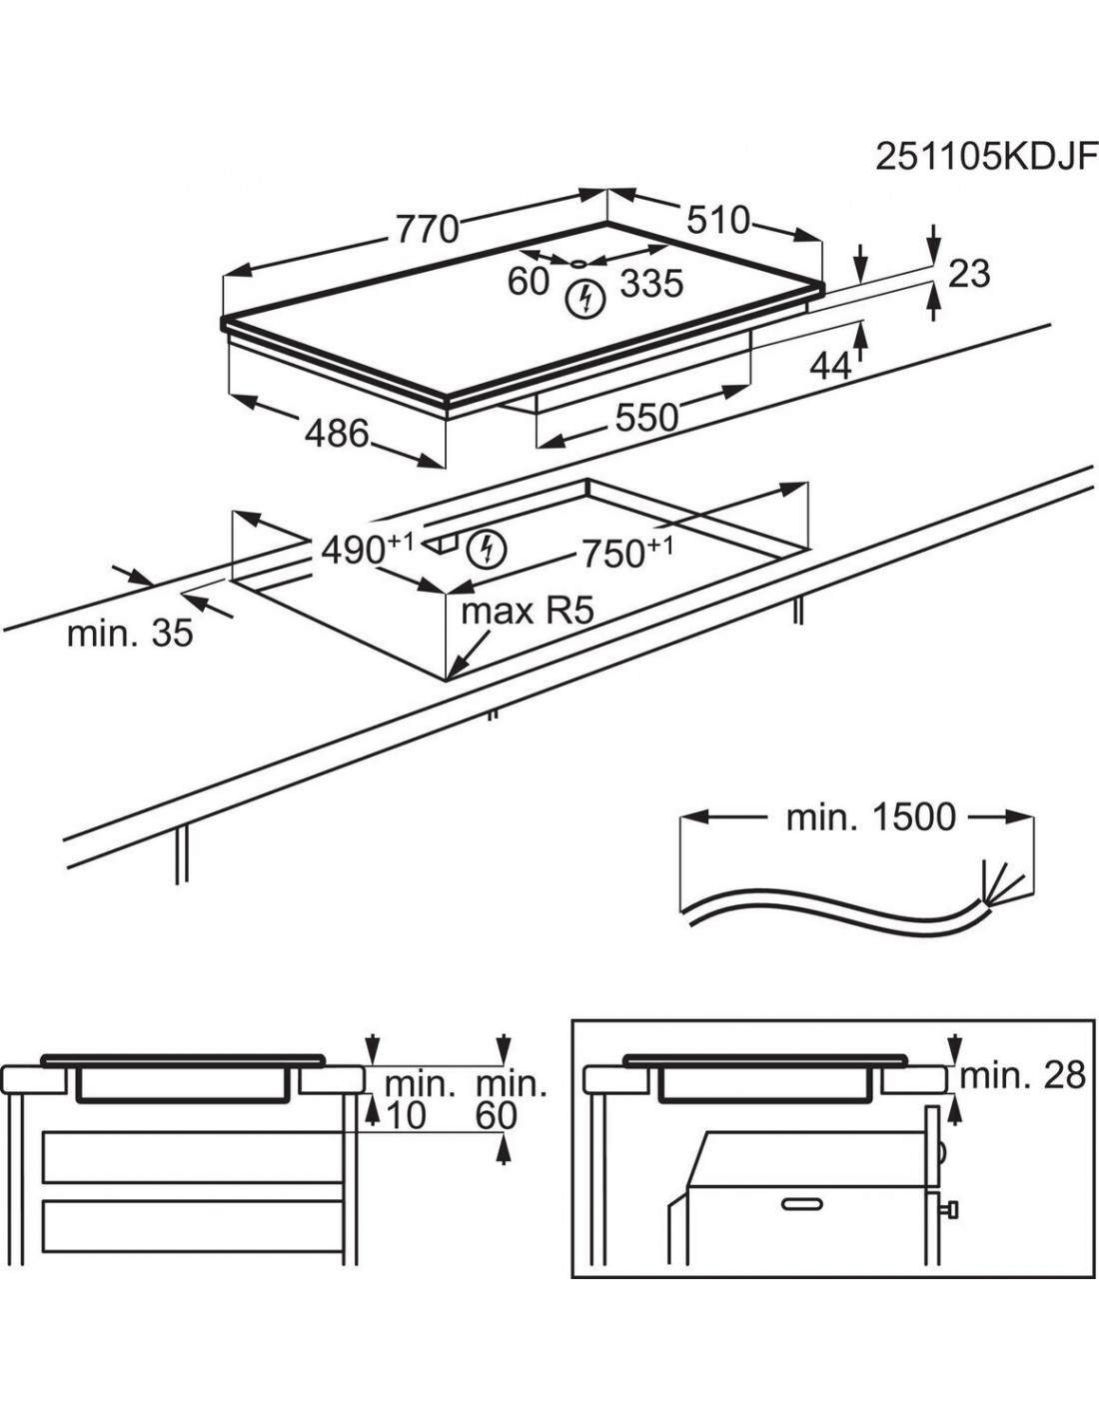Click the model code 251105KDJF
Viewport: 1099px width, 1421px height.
[x=985, y=156]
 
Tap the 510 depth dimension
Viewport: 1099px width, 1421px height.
[x=717, y=219]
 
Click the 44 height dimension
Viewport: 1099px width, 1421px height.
[x=829, y=367]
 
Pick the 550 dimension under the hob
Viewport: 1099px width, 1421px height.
[x=646, y=417]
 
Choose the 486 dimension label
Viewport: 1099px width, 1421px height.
[x=337, y=434]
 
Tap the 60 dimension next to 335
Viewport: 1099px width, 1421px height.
[x=529, y=282]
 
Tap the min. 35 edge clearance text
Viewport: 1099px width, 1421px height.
[x=130, y=633]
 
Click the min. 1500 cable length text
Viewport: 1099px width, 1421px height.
[x=871, y=817]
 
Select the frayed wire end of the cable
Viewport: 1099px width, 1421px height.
[x=1003, y=883]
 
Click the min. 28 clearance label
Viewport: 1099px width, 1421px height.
[x=1022, y=1075]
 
